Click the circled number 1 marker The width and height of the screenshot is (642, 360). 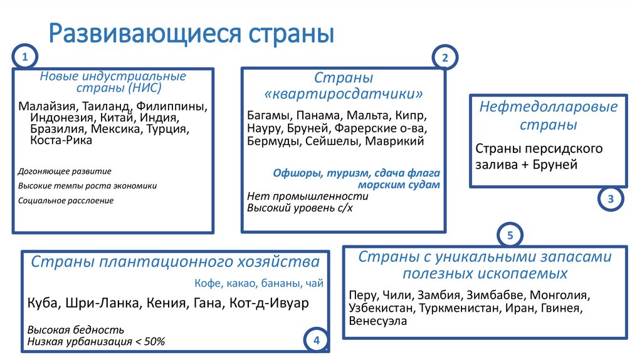coord(25,58)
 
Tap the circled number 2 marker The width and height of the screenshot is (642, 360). coord(445,58)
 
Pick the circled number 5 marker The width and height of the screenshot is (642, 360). coord(510,236)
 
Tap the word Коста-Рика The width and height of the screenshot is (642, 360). coord(61,140)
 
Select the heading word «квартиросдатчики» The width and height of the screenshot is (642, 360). coord(344,95)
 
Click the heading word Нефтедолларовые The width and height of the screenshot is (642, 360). coord(549,107)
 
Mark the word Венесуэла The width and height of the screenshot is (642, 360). coord(378,320)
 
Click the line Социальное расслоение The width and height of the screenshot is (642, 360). coord(66,201)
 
